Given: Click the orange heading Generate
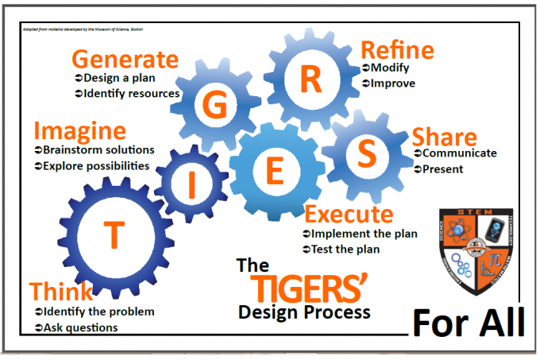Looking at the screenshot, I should point(125,60).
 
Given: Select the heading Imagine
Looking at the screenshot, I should point(79,130).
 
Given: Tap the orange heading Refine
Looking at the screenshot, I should point(397,50).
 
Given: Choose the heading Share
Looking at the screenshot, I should point(444,137).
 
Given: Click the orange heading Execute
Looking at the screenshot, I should point(349,215).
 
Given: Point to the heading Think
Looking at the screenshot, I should point(60,291).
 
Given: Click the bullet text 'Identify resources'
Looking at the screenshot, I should point(132,94).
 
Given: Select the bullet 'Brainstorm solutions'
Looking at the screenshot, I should point(98,149).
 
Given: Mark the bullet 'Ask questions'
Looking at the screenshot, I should point(80,327).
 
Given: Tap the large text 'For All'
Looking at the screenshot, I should point(469,323).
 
